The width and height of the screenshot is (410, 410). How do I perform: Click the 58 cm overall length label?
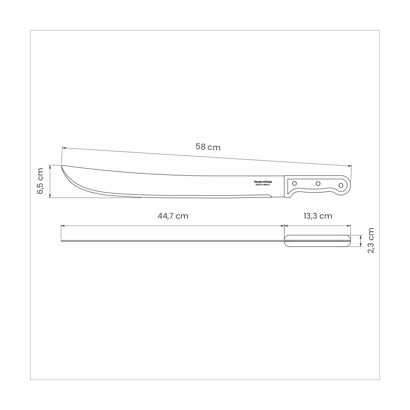pos(208,147)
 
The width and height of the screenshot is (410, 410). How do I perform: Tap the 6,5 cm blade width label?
pos(40,181)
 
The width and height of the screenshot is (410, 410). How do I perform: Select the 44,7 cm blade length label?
pos(173,216)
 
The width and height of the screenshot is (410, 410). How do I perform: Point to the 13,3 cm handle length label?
pos(318,216)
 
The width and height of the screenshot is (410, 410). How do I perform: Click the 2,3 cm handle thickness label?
pos(371,241)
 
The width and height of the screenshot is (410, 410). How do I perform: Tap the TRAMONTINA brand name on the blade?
pos(263,182)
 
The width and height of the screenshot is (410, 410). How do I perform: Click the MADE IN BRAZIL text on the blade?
pos(263,185)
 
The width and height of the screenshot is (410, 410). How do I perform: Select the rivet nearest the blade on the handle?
pos(295,183)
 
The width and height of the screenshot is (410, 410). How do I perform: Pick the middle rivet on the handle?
pos(318,183)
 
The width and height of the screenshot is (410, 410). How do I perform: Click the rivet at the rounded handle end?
pos(341,185)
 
